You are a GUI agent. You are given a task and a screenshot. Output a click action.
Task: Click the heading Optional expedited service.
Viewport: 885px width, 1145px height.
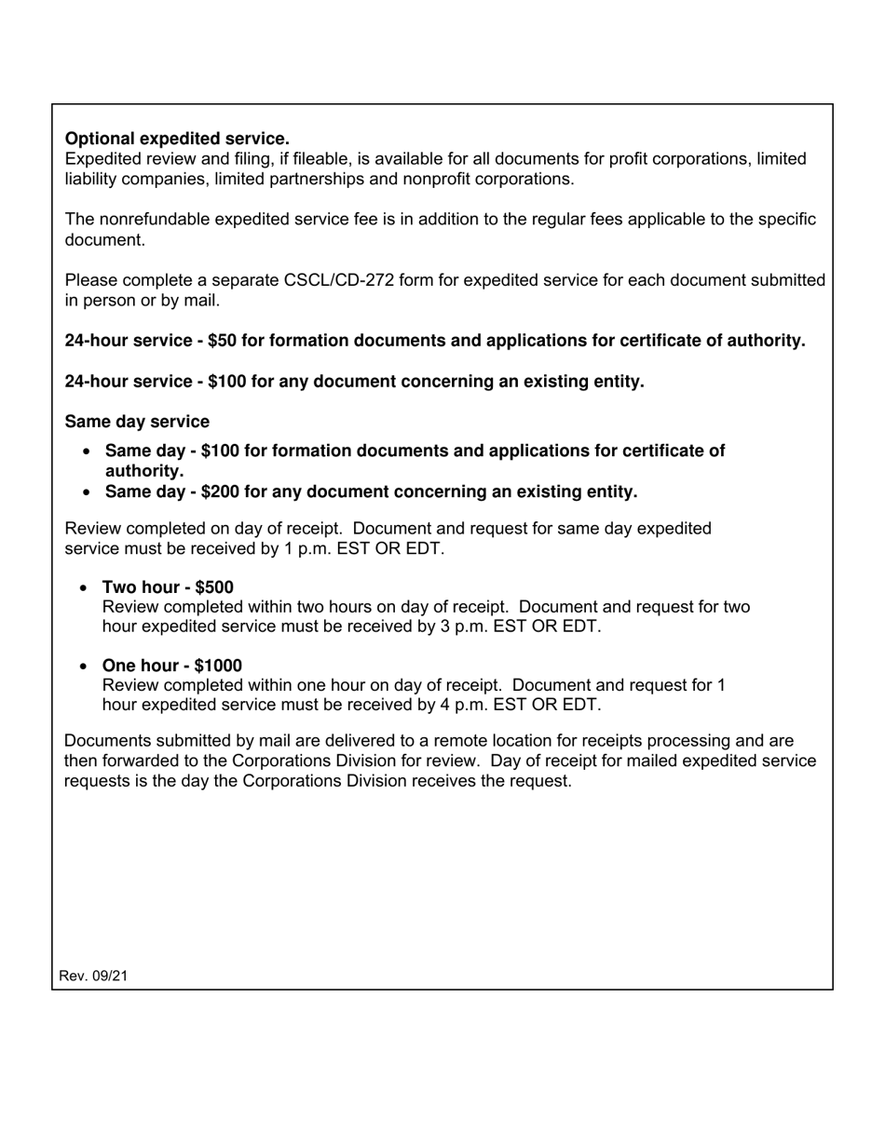177,139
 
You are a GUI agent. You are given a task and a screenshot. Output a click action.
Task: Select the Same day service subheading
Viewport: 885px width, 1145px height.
137,422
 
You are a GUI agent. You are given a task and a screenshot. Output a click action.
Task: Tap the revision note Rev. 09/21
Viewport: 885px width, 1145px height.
93,976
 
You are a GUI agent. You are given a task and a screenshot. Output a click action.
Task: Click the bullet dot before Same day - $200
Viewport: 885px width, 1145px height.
88,492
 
